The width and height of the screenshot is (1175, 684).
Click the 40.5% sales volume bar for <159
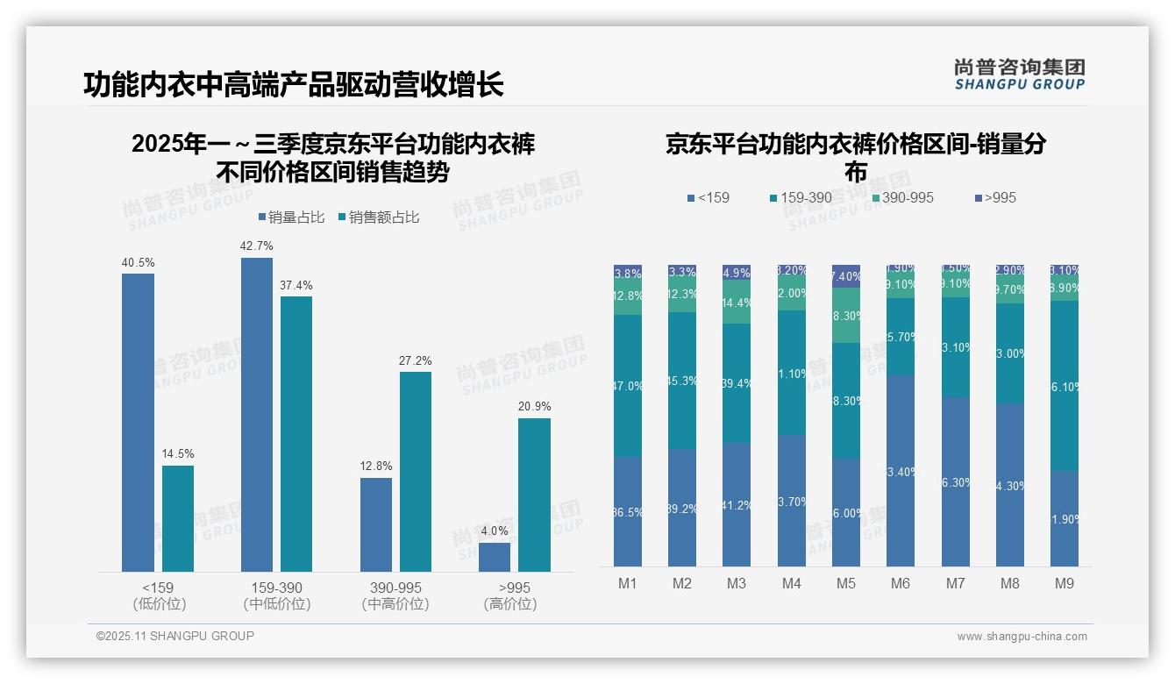click(138, 423)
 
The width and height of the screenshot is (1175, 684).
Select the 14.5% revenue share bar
click(178, 518)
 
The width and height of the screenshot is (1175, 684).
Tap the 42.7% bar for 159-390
click(257, 415)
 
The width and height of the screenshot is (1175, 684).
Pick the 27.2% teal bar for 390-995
click(416, 472)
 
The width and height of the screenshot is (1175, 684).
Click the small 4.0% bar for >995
click(495, 557)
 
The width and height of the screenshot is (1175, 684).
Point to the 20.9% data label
click(534, 407)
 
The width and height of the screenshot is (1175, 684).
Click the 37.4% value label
click(296, 286)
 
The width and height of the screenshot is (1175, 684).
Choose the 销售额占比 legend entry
click(378, 217)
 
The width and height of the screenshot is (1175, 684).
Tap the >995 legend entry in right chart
click(994, 198)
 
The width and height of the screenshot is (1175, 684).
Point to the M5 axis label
click(846, 583)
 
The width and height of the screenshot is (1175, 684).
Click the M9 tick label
click(1064, 583)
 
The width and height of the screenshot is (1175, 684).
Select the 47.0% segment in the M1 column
click(628, 386)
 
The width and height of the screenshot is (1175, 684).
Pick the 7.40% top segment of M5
click(846, 276)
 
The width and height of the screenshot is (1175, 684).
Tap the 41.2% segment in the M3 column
click(737, 504)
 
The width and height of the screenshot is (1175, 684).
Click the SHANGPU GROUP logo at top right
click(1019, 75)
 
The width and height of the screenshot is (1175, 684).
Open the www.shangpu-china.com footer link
click(1022, 637)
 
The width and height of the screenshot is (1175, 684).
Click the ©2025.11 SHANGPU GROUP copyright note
click(175, 636)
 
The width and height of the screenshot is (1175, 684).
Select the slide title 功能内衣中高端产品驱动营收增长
click(294, 85)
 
